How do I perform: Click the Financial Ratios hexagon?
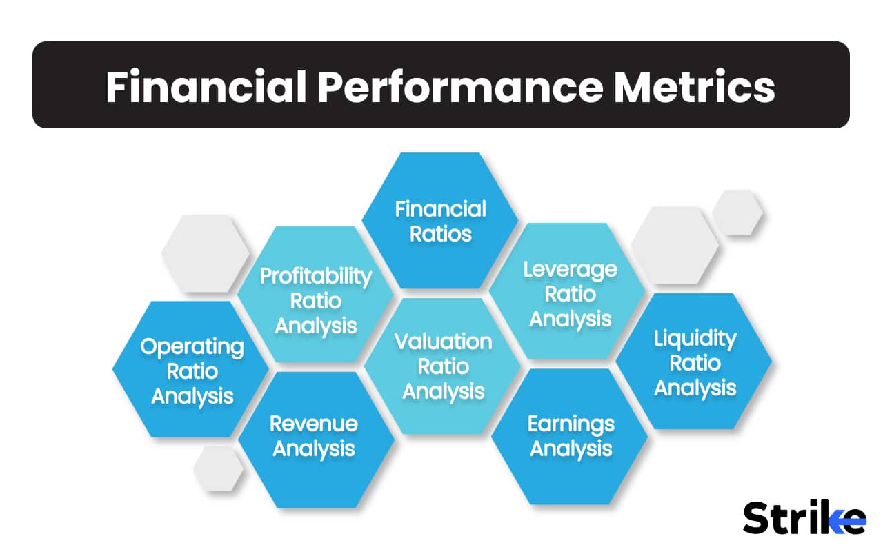[x=440, y=221]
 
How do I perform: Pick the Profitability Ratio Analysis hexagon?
[x=315, y=300]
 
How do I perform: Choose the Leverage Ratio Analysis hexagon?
[x=569, y=293]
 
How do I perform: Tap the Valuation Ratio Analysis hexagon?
[x=443, y=366]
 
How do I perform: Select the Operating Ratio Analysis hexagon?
[x=191, y=371]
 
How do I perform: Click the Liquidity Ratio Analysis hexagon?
[x=694, y=362]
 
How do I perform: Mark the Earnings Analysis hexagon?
[x=569, y=436]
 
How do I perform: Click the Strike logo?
[x=804, y=517]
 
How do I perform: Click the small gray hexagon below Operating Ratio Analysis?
[x=219, y=469]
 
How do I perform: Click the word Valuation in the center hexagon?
[x=443, y=342]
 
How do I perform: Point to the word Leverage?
[x=569, y=269]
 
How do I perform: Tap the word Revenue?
[x=314, y=423]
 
